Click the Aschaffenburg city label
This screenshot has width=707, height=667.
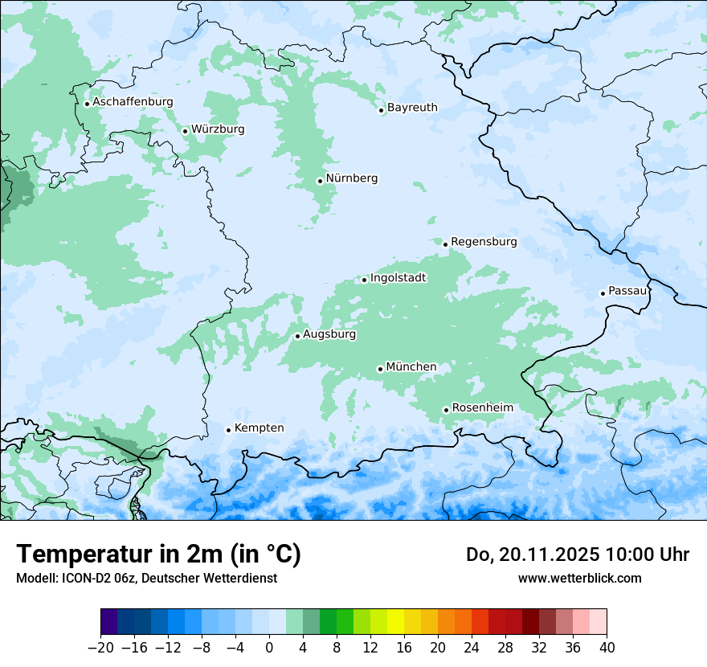click(x=133, y=102)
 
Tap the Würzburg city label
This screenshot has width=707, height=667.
click(x=218, y=129)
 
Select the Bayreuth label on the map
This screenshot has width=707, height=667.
click(x=412, y=108)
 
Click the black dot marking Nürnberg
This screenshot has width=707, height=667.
click(x=320, y=181)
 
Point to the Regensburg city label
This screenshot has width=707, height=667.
click(x=484, y=242)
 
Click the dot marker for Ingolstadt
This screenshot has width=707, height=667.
click(x=364, y=280)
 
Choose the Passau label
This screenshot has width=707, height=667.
click(x=627, y=291)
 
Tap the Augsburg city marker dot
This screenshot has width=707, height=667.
click(x=297, y=336)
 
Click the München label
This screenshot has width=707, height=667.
click(x=411, y=367)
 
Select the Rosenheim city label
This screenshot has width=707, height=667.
click(x=482, y=408)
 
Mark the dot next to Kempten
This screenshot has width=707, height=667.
click(x=228, y=430)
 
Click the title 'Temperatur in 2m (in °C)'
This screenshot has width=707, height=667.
click(x=158, y=554)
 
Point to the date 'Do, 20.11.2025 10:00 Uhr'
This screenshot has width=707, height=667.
click(x=577, y=554)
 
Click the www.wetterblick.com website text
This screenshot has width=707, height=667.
click(x=579, y=578)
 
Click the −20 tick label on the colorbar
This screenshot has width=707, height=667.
click(x=100, y=647)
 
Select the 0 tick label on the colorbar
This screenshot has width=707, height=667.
click(x=269, y=647)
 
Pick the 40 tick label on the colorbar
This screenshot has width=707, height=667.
click(x=607, y=647)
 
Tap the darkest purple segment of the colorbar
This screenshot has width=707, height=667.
click(x=108, y=622)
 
